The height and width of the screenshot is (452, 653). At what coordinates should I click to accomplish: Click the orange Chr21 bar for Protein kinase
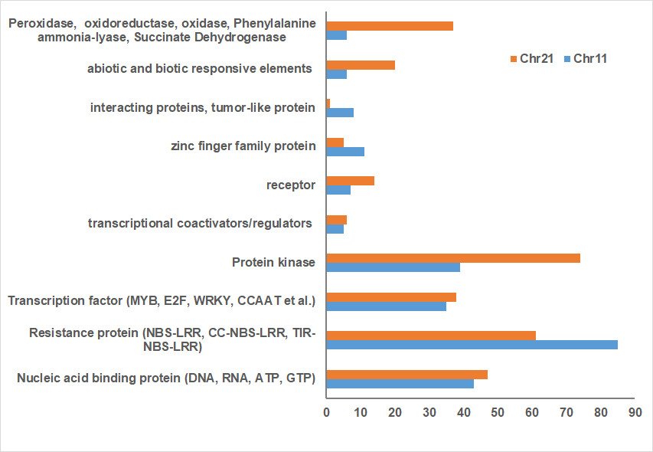tap(453, 258)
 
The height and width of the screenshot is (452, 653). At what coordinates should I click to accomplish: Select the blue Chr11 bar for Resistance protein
tap(472, 345)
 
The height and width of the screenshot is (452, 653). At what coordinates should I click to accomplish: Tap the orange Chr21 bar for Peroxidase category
tap(390, 26)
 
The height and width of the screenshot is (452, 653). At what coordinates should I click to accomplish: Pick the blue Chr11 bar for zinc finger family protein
tap(345, 151)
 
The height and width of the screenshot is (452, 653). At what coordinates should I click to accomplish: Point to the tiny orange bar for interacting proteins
tap(328, 103)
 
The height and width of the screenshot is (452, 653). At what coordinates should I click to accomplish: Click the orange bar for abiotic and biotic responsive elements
tap(361, 65)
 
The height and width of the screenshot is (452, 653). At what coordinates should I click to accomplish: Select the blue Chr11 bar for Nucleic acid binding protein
tap(400, 384)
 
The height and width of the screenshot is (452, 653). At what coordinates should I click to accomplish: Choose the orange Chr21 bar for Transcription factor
tap(391, 297)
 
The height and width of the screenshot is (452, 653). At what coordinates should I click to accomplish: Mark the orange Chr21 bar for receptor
tap(350, 181)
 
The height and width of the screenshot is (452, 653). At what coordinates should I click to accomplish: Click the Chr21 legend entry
tap(532, 58)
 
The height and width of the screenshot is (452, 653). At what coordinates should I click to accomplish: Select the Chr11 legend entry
tap(586, 58)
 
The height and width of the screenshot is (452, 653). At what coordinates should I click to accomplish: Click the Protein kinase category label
tap(273, 263)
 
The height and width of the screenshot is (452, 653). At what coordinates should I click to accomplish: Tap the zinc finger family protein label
tap(242, 146)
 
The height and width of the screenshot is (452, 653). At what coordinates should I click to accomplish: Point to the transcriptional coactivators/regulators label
tap(201, 224)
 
